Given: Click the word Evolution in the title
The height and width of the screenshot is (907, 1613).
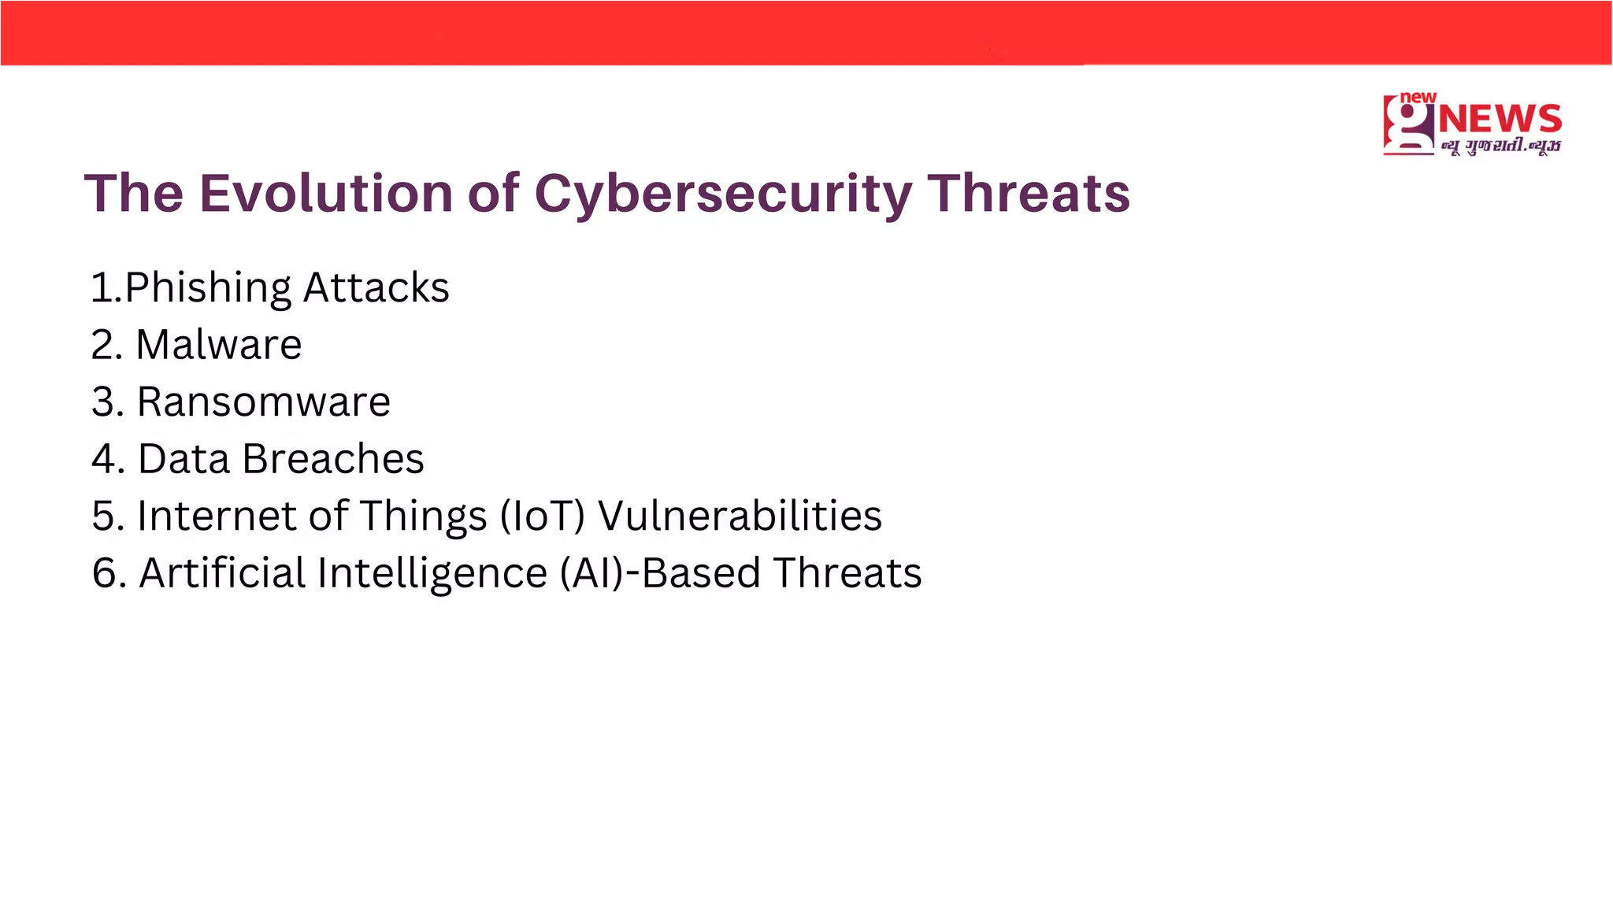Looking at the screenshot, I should click(x=326, y=193).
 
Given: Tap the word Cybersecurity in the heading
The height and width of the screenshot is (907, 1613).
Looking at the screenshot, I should click(x=723, y=194).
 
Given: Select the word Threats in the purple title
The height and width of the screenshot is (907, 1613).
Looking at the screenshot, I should click(x=1028, y=193).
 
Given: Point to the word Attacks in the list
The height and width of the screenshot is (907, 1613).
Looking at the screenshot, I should click(x=376, y=287).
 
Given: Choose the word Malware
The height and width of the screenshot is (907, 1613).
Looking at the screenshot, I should click(x=218, y=345).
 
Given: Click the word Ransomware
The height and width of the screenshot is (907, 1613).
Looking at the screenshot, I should click(x=263, y=402).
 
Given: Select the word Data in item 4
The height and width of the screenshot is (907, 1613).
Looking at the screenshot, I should click(x=184, y=459).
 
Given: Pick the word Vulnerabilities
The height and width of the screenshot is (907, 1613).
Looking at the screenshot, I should click(x=740, y=516).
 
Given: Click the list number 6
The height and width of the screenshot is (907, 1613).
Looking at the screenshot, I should click(x=104, y=573).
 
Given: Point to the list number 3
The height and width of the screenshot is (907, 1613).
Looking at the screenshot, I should click(x=104, y=402).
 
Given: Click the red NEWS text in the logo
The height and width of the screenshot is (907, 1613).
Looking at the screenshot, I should click(x=1500, y=120).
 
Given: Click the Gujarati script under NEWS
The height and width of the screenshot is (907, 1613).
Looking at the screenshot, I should click(x=1500, y=146).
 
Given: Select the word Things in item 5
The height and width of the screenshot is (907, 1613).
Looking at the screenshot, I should click(x=424, y=516).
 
